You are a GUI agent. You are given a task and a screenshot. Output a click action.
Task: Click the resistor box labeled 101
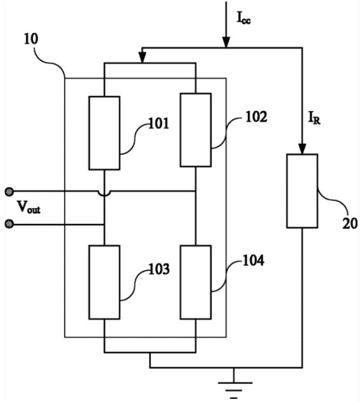pos(105,133)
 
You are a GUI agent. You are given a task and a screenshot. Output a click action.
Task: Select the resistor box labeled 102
pos(196,130)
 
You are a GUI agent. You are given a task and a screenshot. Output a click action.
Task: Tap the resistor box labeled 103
pos(105,282)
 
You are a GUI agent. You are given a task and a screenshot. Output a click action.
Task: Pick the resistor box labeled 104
pos(196,282)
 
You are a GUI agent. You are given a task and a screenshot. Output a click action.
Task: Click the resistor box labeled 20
pos(302,191)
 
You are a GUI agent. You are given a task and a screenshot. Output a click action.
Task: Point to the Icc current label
pos(243,18)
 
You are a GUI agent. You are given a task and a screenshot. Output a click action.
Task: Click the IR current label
pos(314,118)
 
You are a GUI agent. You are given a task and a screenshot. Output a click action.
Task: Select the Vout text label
pos(29,207)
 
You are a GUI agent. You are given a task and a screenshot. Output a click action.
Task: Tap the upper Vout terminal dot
pos(10,191)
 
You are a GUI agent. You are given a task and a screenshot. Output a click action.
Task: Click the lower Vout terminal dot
pos(10,224)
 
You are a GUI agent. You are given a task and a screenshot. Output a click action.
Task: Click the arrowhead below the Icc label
pos(226,42)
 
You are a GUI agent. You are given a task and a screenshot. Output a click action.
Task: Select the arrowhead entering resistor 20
pos(302,149)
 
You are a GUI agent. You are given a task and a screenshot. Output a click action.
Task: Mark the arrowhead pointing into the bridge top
pos(142,58)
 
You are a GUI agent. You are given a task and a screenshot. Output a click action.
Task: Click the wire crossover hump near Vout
pos(105,194)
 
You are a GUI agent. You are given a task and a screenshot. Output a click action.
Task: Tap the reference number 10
pos(31,39)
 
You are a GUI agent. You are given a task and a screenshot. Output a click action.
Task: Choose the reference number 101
pos(159,123)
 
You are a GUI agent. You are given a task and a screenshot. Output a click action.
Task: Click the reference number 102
pos(256,117)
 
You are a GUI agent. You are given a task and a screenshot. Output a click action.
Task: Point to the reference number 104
pos(254,261)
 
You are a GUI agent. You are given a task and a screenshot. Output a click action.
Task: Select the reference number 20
pos(350,224)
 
